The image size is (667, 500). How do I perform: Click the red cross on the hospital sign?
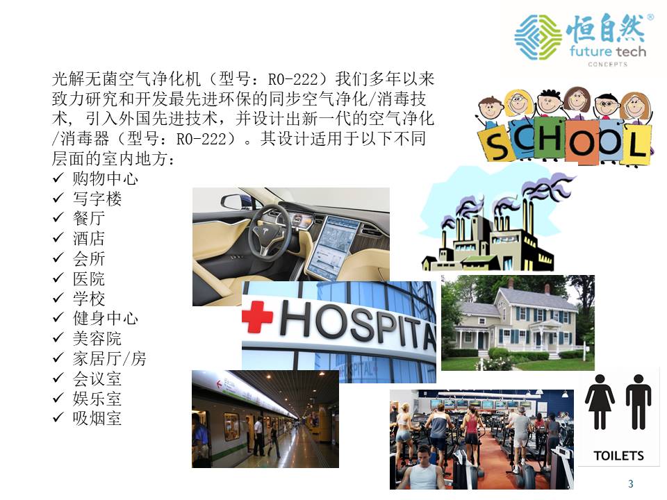pos(257,317)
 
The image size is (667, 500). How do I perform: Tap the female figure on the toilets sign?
pos(600,402)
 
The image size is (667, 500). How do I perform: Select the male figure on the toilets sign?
pos(638,402)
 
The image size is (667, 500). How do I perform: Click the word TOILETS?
pos(618,456)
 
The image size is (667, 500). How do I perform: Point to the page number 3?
pos(630,483)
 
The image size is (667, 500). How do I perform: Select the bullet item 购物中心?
pos(105,178)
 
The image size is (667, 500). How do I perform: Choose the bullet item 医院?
pos(88,279)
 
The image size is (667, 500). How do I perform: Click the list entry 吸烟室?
pos(97,418)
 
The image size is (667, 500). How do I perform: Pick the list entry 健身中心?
pos(105,318)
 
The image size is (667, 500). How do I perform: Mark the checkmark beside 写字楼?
pos(58,198)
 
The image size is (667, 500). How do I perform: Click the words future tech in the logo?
pos(608,51)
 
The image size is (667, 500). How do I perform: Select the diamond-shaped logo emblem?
pos(538,37)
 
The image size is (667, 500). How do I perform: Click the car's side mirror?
pos(234,201)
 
